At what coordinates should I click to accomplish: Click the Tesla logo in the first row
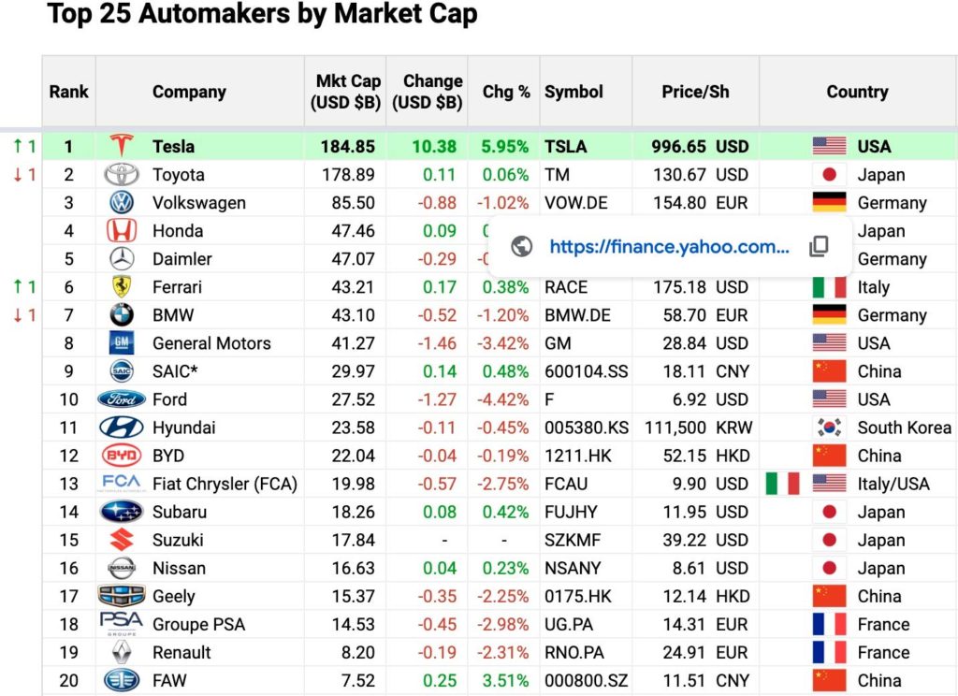click(121, 146)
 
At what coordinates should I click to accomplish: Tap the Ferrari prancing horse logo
click(121, 287)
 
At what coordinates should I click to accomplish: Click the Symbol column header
click(573, 92)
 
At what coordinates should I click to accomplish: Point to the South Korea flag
click(829, 428)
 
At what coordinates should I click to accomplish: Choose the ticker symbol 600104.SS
click(587, 371)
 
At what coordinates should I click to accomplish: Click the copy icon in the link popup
click(819, 246)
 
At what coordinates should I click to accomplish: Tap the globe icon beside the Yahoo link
click(522, 246)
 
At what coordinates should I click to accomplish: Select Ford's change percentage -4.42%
click(503, 399)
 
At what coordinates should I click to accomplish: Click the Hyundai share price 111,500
click(675, 428)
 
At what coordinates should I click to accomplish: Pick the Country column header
click(857, 92)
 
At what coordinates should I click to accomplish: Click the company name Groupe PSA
click(198, 624)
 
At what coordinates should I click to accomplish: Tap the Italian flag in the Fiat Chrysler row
click(783, 484)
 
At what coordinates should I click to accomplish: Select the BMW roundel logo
click(121, 315)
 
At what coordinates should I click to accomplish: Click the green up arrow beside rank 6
click(18, 287)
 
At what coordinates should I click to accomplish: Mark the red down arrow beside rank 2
click(18, 175)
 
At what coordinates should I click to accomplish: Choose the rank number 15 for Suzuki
click(68, 540)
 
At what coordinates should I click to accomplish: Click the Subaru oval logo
click(121, 512)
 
